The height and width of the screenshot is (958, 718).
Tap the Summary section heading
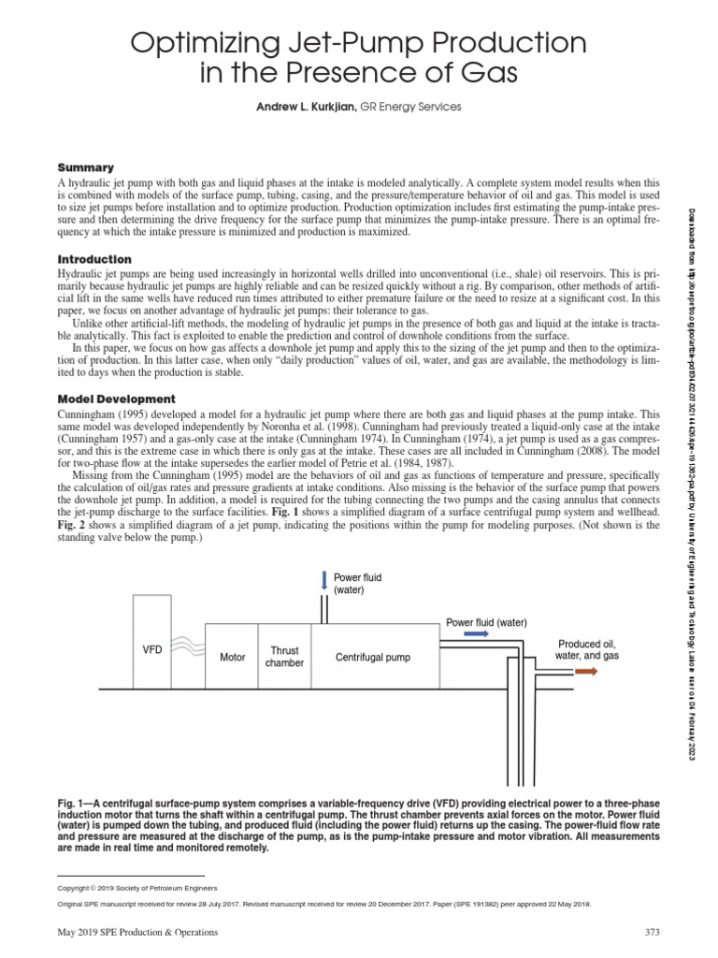coord(86,167)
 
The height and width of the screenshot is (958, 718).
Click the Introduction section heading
coord(94,258)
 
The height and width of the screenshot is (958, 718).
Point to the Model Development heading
coord(117,399)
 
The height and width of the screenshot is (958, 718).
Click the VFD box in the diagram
coord(152,647)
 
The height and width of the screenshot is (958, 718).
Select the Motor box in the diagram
coord(232,657)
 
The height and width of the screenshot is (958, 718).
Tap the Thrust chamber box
coord(284,657)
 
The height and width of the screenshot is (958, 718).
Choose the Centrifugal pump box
coord(373,657)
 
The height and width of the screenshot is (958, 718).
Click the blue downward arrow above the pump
coord(323,581)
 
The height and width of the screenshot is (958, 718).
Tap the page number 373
coord(653,932)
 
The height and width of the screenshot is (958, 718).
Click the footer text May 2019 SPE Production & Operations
coord(137,932)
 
